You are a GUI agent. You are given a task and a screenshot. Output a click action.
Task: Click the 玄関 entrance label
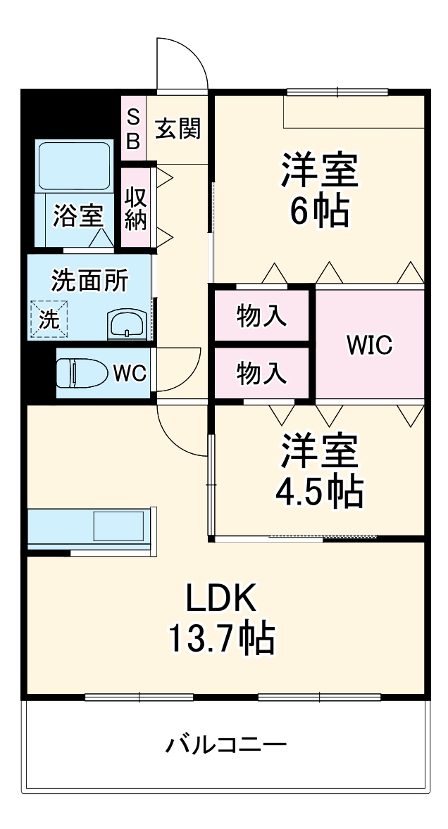coord(178,129)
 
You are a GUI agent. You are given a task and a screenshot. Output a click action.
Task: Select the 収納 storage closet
coord(136,207)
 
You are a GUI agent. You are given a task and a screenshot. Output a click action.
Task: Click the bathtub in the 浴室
coord(74,167)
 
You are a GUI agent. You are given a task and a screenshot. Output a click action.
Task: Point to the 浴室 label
coord(77,216)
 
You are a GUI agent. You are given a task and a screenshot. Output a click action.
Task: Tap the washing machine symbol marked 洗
coord(49,318)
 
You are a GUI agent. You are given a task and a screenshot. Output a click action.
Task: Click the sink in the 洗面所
coord(126,324)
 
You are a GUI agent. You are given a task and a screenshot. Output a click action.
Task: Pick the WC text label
coord(130,373)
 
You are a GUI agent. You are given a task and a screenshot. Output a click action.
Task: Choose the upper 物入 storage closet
coord(261,317)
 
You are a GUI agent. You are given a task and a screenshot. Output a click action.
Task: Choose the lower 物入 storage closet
coord(261,373)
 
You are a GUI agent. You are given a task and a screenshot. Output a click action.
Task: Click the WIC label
coord(370,346)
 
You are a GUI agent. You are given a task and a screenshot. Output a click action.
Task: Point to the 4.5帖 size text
coord(319,491)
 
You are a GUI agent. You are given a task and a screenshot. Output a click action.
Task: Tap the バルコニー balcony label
coord(226,745)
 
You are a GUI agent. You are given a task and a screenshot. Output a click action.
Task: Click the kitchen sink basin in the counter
coord(119,526)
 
